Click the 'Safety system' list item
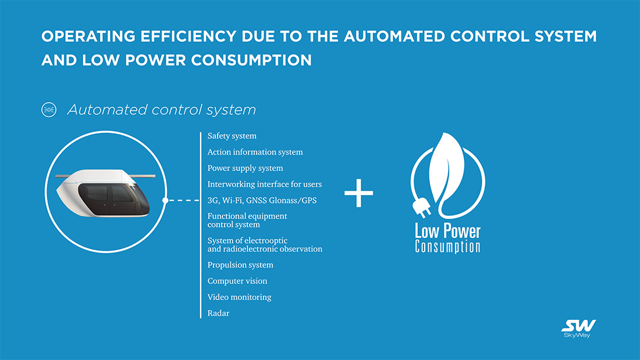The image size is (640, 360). [x=232, y=136]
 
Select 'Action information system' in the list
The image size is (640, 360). [x=255, y=152]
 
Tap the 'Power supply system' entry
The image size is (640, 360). [x=245, y=169]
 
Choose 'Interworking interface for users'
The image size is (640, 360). [x=264, y=184]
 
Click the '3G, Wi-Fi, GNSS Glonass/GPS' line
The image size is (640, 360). [x=262, y=201]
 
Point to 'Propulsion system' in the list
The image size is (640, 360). [x=240, y=265]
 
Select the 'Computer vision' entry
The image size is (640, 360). [x=237, y=281]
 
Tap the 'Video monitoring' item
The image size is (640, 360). [x=239, y=297]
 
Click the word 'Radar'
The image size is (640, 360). [x=218, y=313]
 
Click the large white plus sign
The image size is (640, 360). [x=358, y=193]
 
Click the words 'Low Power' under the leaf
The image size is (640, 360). [x=447, y=231]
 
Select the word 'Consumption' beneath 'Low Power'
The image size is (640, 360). [x=447, y=247]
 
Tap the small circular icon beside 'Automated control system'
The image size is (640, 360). [x=49, y=109]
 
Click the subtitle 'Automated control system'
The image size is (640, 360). [x=162, y=109]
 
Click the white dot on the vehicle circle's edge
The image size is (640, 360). [x=166, y=201]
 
